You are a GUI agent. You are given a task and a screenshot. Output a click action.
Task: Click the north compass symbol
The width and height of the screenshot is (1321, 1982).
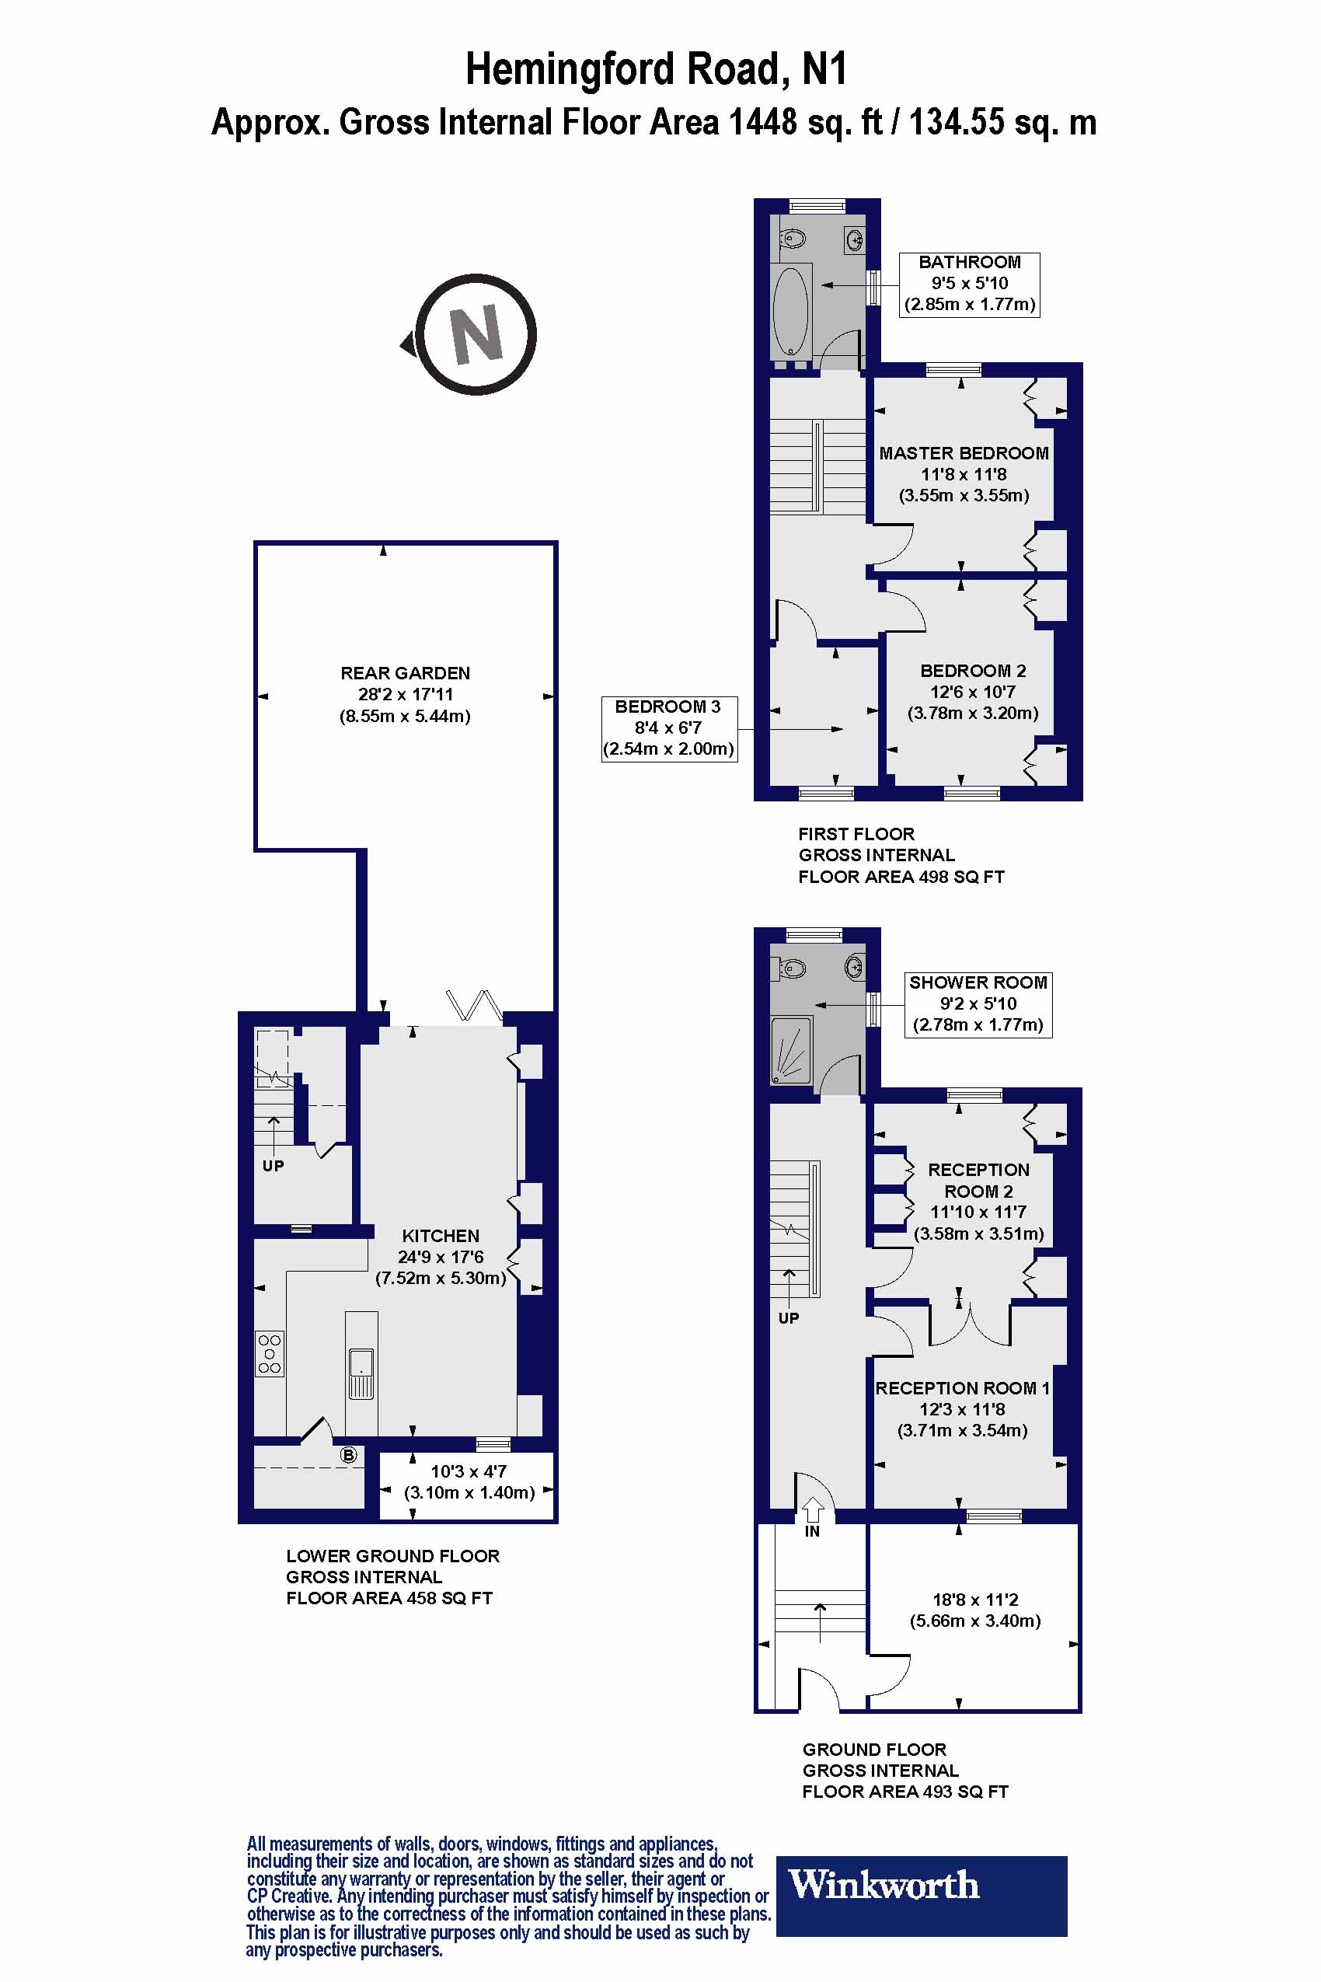476,334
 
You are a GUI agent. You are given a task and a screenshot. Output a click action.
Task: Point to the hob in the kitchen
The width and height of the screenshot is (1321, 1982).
270,1354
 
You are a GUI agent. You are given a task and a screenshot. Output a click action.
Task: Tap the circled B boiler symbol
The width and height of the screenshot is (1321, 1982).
348,1455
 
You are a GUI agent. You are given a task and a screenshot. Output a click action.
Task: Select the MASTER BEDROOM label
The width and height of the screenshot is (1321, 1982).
964,453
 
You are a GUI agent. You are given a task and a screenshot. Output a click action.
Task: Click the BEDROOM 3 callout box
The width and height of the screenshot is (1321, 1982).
669,728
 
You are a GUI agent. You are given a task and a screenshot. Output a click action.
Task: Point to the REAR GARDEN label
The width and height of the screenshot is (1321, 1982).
405,673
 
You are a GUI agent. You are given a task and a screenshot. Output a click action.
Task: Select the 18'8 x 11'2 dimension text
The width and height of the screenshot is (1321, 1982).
974,1600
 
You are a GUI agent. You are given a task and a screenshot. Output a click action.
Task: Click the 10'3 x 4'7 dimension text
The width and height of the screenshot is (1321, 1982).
469,1471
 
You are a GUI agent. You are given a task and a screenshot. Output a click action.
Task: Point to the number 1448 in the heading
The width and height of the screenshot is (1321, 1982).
762,123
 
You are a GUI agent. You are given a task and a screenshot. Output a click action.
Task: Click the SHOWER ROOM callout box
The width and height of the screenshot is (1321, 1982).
978,1003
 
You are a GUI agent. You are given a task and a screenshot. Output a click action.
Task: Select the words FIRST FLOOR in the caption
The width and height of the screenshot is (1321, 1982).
856,833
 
